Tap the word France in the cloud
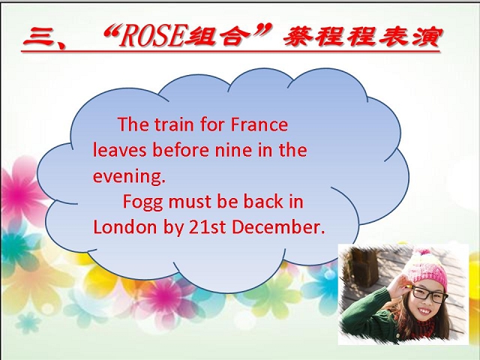(259, 124)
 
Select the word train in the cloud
(174, 124)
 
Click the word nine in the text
(233, 150)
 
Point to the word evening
(129, 176)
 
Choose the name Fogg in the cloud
(142, 202)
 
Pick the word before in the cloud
(181, 150)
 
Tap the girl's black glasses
(430, 295)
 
